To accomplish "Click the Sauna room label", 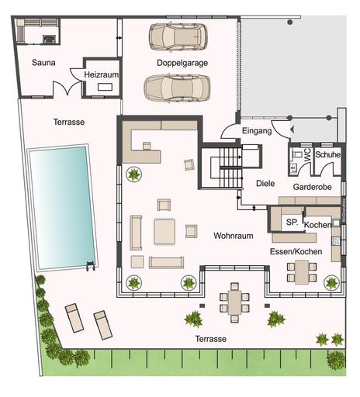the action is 43,63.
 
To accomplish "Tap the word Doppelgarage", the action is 182,63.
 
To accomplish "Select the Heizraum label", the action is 101,74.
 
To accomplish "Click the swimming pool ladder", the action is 91,266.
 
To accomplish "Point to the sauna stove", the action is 49,39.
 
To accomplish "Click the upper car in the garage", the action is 178,36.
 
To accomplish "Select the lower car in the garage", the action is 177,88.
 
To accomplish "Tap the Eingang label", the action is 257,131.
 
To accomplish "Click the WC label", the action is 308,155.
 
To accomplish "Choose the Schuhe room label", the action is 327,154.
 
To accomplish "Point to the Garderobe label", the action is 312,187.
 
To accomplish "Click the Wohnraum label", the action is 234,236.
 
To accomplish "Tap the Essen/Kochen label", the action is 296,251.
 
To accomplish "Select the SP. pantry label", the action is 292,222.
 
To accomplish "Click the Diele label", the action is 265,184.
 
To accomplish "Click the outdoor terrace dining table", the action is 234,302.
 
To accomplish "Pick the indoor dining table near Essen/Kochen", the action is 302,272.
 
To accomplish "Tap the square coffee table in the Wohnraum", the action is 164,232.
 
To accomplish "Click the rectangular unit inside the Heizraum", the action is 105,87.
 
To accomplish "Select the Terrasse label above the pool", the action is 69,122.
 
